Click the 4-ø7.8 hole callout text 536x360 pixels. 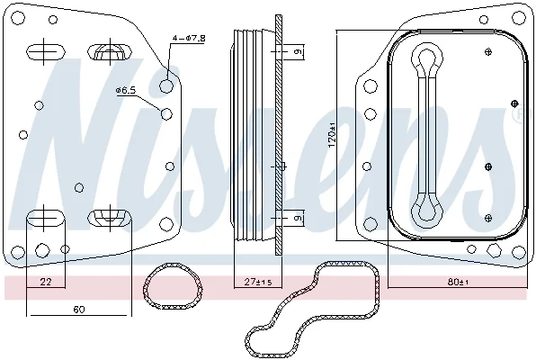click(x=188, y=38)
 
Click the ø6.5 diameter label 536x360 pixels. click(x=126, y=90)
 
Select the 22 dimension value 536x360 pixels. click(x=46, y=282)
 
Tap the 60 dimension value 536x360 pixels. click(x=78, y=310)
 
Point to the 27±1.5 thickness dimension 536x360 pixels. click(x=258, y=282)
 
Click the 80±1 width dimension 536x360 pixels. click(x=458, y=282)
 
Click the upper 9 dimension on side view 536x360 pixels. click(x=299, y=51)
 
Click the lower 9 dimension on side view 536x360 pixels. click(x=299, y=218)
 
